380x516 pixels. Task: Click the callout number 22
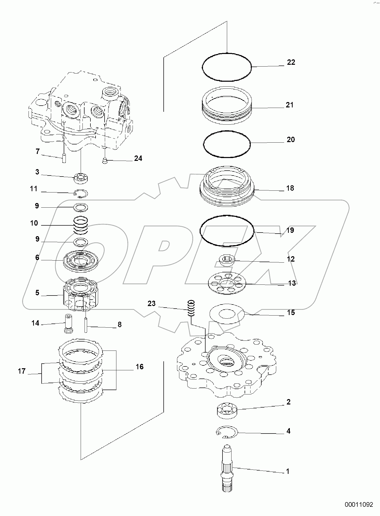pos(291,62)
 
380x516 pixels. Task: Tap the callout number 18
pos(290,188)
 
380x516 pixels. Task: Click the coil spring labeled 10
pos(81,225)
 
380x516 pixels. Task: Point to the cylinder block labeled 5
pos(81,294)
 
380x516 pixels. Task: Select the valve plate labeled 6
pos(81,261)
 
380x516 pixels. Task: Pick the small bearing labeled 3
pos(81,178)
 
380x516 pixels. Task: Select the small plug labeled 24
pos(104,161)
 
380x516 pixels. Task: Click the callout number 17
pos(22,371)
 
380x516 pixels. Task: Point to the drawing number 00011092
pos(359,505)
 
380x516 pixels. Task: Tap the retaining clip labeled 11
pos(81,194)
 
